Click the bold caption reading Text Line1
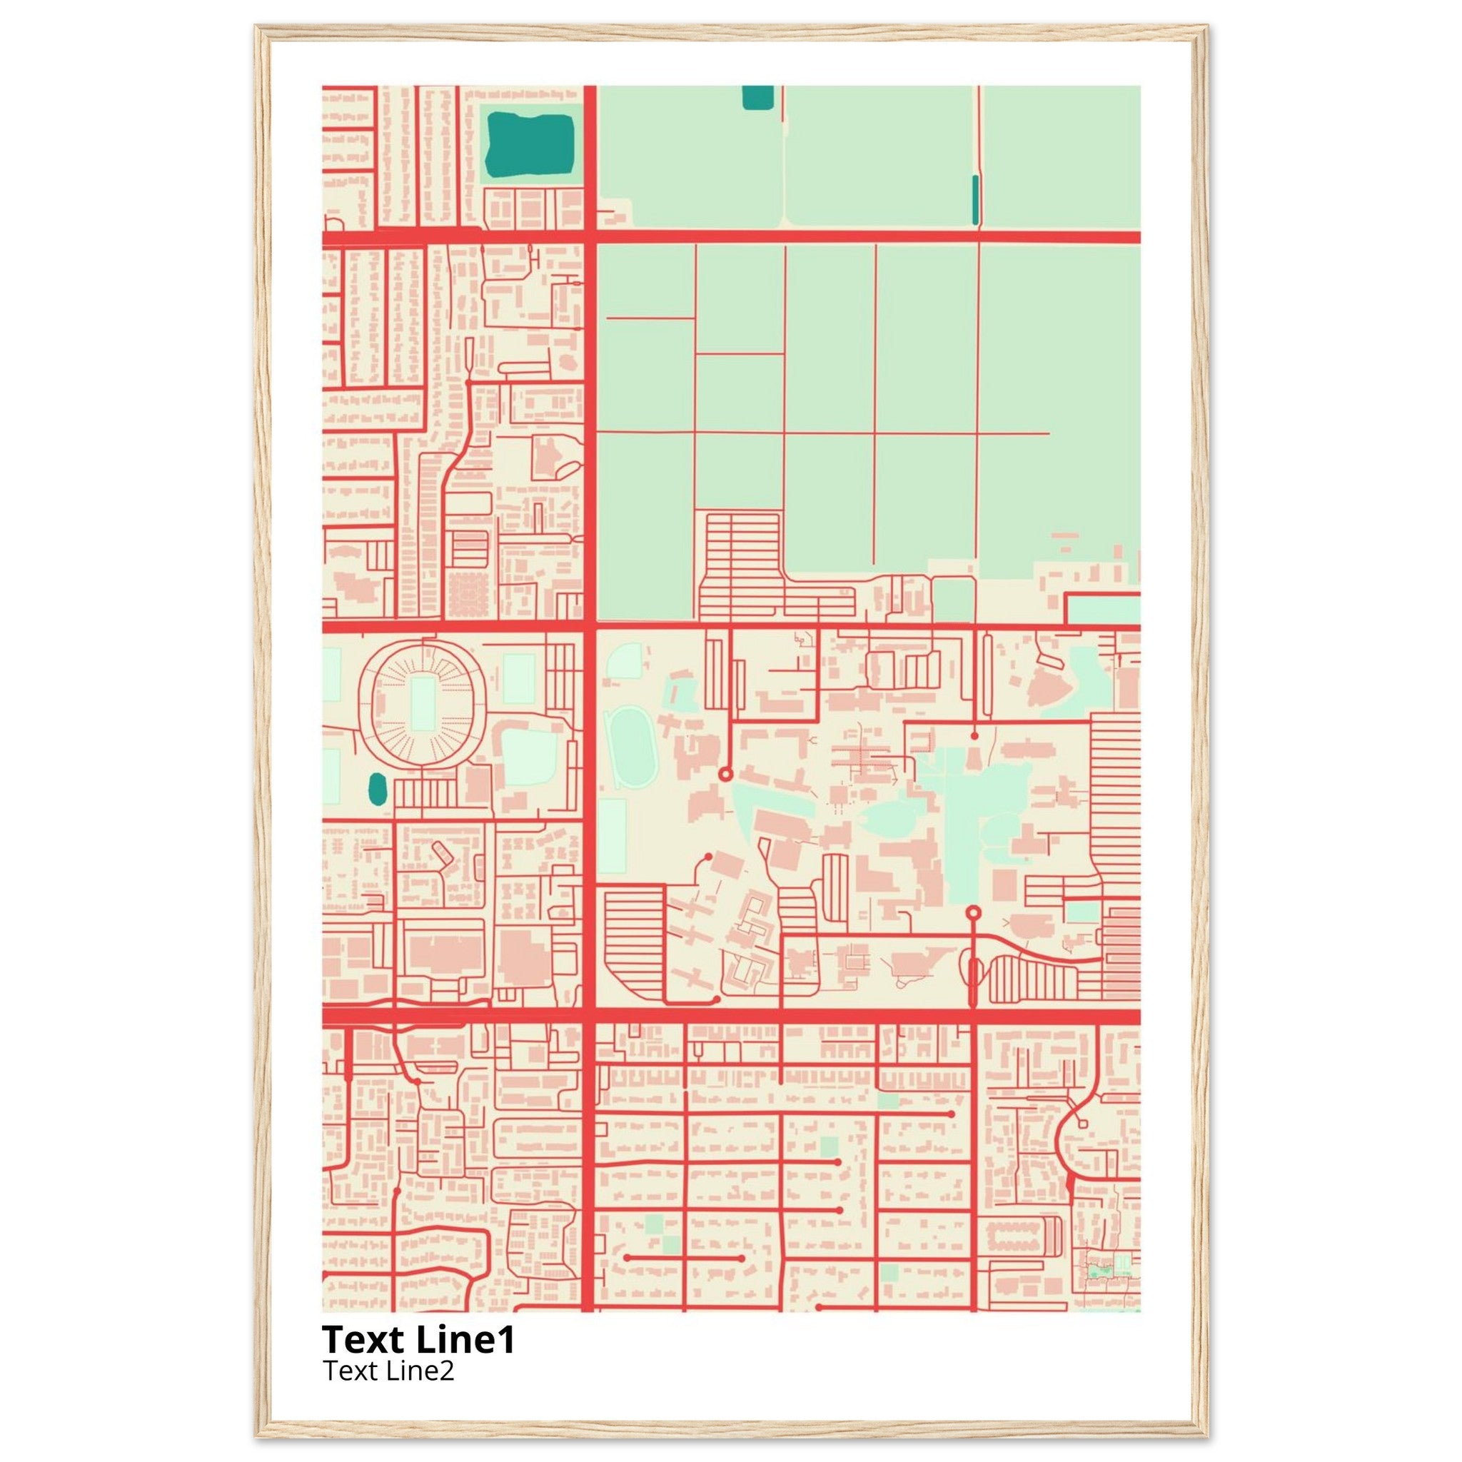[x=418, y=1339]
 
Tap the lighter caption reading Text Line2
[x=388, y=1371]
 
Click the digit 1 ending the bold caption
[x=508, y=1339]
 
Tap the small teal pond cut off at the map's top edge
[x=757, y=97]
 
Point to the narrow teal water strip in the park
[x=975, y=200]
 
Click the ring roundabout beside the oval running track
[x=725, y=774]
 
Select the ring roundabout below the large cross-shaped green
[x=974, y=912]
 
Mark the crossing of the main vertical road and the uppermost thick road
[x=590, y=237]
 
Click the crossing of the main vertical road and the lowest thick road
[x=590, y=1017]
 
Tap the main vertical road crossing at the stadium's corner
[x=590, y=627]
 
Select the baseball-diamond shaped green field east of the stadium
[x=530, y=757]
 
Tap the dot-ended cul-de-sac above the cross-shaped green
[x=974, y=735]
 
